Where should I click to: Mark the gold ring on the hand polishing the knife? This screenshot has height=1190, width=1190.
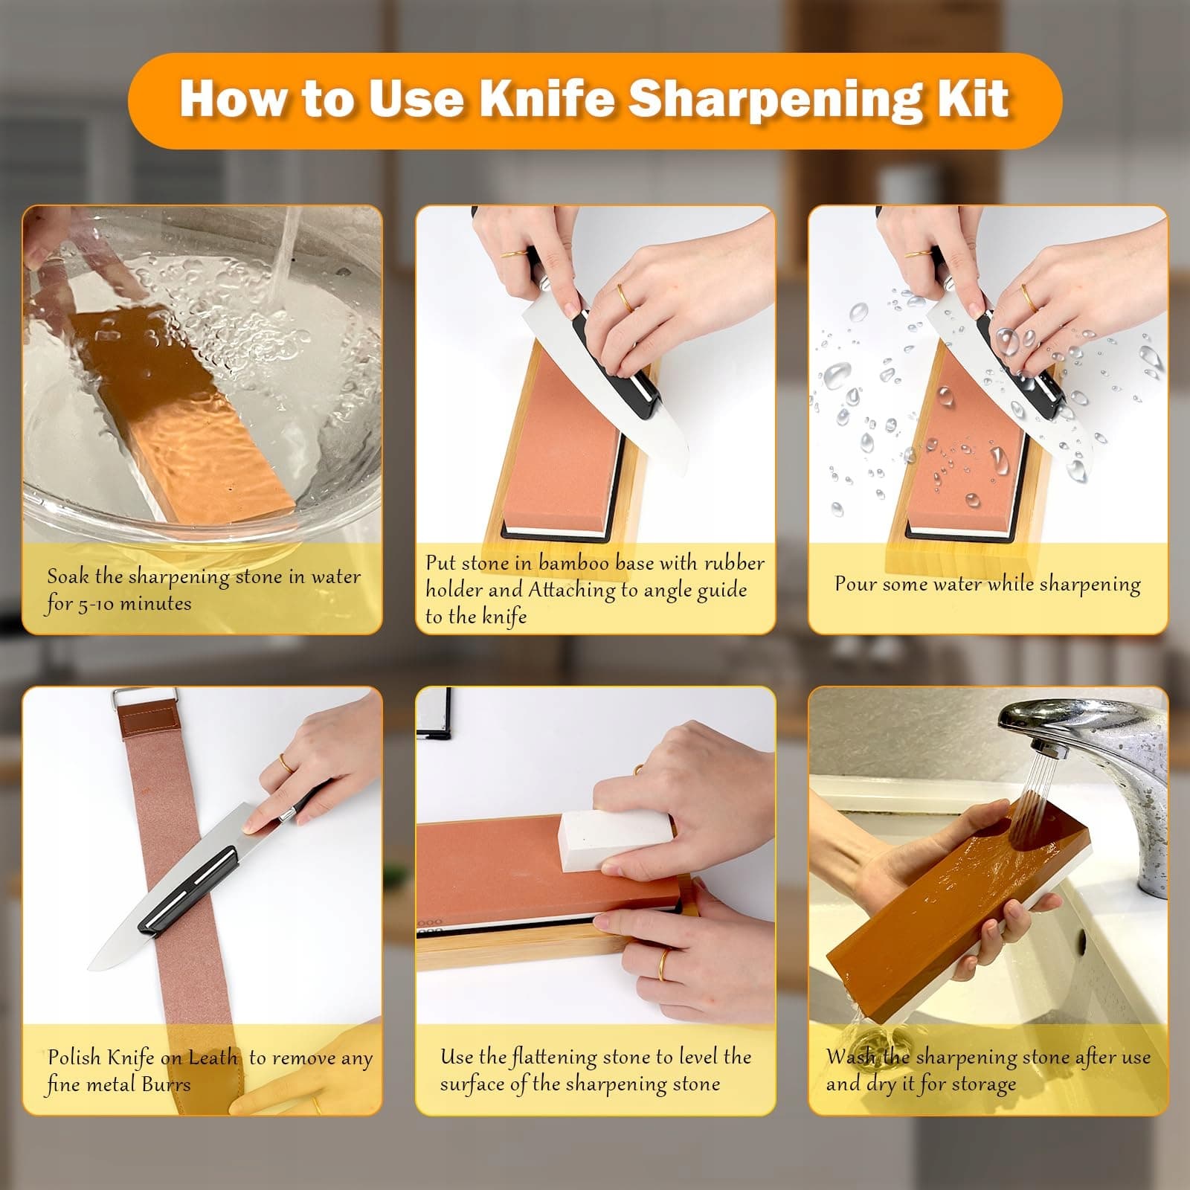[x=286, y=762]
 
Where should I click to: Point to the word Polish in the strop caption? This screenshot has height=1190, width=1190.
[x=75, y=1058]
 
